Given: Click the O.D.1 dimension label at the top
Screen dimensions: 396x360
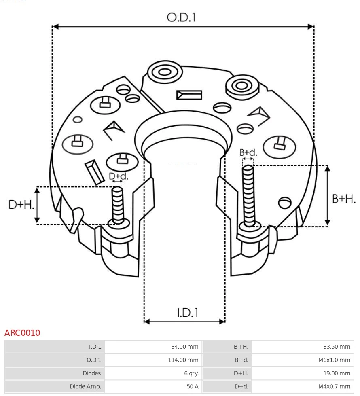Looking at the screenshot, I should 181,17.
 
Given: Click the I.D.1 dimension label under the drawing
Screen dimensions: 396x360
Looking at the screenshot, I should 187,313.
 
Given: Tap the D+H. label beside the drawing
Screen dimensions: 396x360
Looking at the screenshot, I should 21,205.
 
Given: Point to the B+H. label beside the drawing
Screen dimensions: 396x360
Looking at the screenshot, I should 343,199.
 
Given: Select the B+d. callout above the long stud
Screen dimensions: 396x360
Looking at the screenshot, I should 248,152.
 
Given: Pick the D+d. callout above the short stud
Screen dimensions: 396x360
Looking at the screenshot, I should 119,176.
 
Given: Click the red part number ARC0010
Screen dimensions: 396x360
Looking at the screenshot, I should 22,333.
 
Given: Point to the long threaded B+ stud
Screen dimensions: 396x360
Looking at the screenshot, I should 248,194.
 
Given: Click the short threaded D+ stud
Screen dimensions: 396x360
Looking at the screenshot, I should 118,204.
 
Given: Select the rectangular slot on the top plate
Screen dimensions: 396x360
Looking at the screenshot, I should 189,95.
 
